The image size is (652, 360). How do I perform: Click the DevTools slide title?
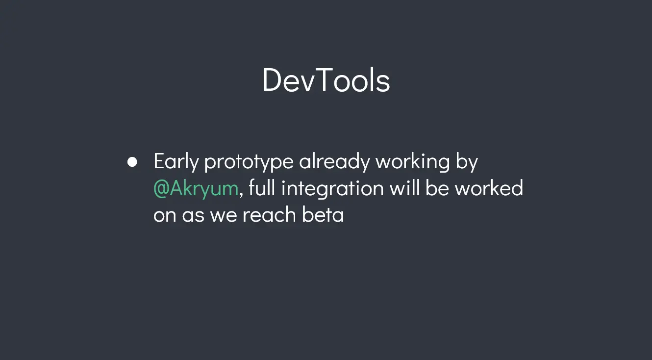pyautogui.click(x=326, y=80)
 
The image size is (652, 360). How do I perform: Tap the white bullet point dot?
pyautogui.click(x=132, y=162)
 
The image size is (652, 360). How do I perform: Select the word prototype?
pyautogui.click(x=249, y=162)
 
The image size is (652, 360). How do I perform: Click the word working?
pyautogui.click(x=413, y=162)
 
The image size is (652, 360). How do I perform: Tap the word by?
pyautogui.click(x=467, y=162)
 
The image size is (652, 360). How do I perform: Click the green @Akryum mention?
pyautogui.click(x=196, y=189)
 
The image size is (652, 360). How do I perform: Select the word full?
pyautogui.click(x=262, y=187)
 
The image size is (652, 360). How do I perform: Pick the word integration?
pyautogui.click(x=332, y=189)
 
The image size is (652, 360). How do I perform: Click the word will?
pyautogui.click(x=404, y=187)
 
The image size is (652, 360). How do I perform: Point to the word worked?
pyautogui.click(x=489, y=187)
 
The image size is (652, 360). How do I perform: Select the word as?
pyautogui.click(x=193, y=215)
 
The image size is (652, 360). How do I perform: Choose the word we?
pyautogui.click(x=224, y=215)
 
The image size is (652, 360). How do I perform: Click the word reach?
pyautogui.click(x=269, y=214)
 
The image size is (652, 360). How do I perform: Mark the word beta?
pyautogui.click(x=323, y=214)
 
